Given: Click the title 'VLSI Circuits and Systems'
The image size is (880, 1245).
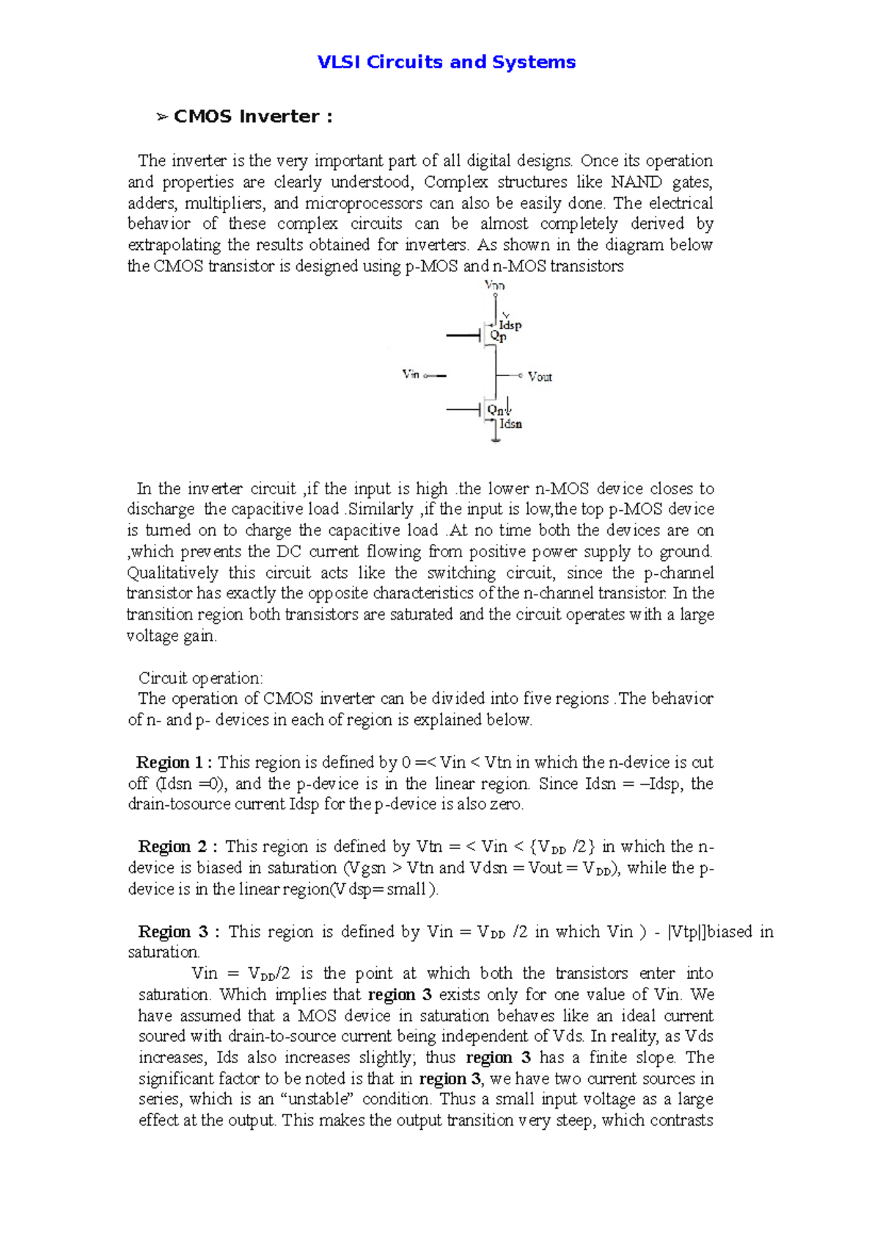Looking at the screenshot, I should coord(446,62).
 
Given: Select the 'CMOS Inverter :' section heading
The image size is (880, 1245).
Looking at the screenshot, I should coord(252,117).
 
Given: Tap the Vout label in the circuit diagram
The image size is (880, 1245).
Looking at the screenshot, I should coord(540,377).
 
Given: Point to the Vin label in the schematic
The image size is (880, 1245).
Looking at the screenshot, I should coord(411,375).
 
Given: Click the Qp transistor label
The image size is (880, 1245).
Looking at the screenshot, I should coord(498,337).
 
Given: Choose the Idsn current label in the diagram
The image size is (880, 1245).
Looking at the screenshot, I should coord(510,425).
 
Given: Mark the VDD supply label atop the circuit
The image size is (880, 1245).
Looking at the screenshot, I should coord(495,285).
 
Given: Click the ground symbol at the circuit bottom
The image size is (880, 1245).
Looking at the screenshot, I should coord(496,440).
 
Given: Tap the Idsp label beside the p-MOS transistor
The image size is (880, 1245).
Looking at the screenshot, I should coord(510,325).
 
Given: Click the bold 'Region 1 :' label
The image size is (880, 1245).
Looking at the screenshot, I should coord(174,763).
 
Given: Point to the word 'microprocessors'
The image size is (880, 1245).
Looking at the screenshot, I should coord(363,203).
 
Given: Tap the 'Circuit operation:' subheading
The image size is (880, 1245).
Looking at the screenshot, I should coord(200,678).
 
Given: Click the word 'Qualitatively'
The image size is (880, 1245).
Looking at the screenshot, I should coord(172,573).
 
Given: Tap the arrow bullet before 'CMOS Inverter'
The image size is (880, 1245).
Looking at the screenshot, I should coord(162,117).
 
